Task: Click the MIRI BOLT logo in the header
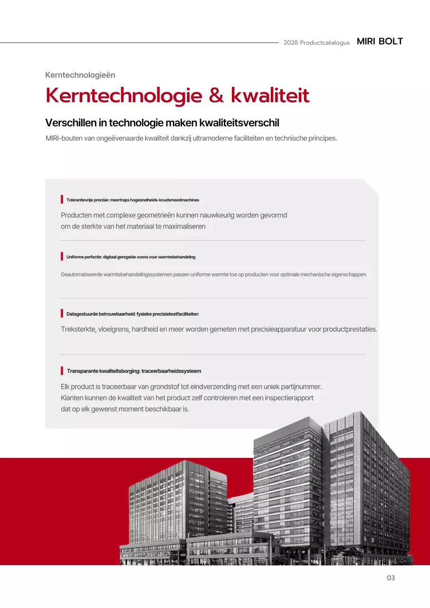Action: click(380, 41)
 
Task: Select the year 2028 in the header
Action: click(290, 43)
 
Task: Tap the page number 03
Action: click(391, 578)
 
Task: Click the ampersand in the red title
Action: click(216, 95)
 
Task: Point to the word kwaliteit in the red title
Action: click(270, 95)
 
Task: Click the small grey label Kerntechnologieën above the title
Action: click(80, 75)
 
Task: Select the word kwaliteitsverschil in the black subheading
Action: click(239, 123)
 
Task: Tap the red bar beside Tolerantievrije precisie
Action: click(62, 199)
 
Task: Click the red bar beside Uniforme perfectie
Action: click(62, 256)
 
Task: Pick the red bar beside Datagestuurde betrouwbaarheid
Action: click(62, 313)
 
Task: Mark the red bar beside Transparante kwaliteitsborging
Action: click(62, 370)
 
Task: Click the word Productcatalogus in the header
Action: click(325, 43)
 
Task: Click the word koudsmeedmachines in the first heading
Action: click(179, 200)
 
